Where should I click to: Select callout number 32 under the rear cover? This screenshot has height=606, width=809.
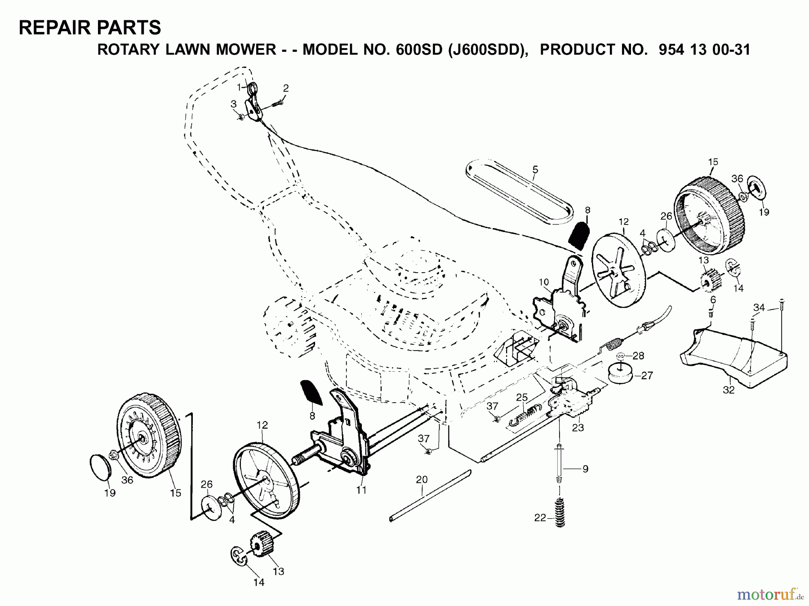[x=729, y=390]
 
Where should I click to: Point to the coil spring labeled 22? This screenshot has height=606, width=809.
[x=560, y=513]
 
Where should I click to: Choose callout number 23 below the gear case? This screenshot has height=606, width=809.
[x=578, y=427]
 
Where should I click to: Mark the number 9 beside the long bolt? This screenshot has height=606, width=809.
[x=585, y=469]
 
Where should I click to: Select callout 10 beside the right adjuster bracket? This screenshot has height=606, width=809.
[x=544, y=282]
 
